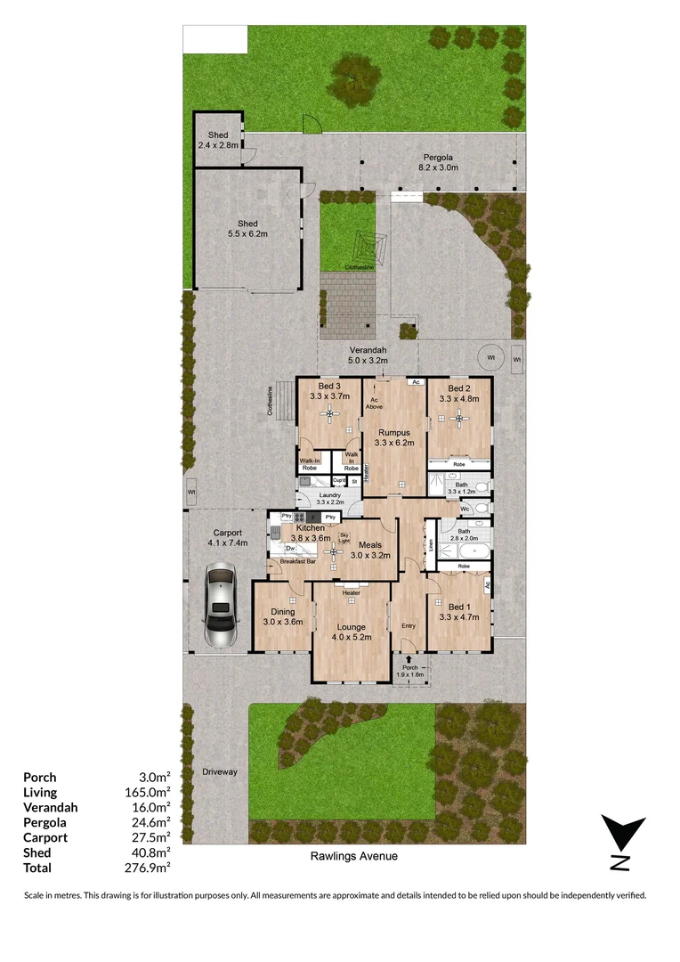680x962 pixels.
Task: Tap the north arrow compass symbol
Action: point(622,843)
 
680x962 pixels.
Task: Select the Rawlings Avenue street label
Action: point(354,856)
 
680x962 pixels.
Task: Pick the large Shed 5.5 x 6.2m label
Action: point(247,229)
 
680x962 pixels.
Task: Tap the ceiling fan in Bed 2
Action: point(459,417)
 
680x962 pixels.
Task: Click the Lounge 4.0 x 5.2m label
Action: point(350,632)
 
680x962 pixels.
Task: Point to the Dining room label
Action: point(282,616)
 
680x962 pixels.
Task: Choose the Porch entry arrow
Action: point(409,658)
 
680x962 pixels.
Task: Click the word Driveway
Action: point(220,771)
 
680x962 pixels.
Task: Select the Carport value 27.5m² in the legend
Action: point(150,837)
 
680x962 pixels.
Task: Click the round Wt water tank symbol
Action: point(489,358)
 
